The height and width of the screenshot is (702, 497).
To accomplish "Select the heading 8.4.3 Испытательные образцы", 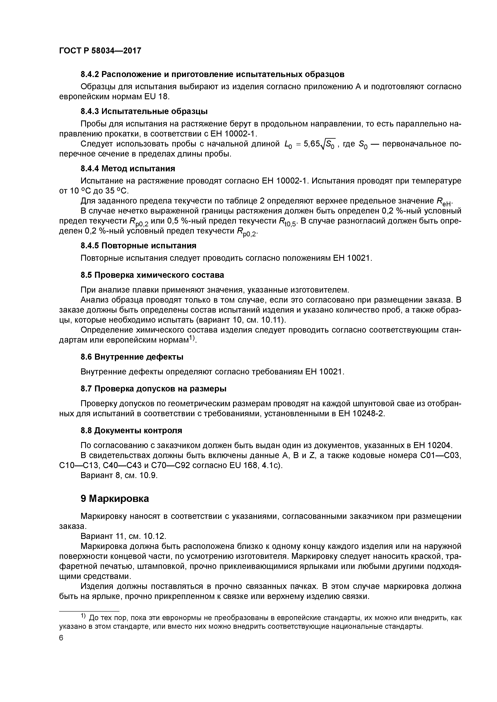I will point(144,111).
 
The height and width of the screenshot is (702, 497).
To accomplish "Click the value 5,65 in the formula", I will point(311,144).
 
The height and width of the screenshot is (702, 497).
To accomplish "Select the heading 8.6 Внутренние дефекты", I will point(132,357).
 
